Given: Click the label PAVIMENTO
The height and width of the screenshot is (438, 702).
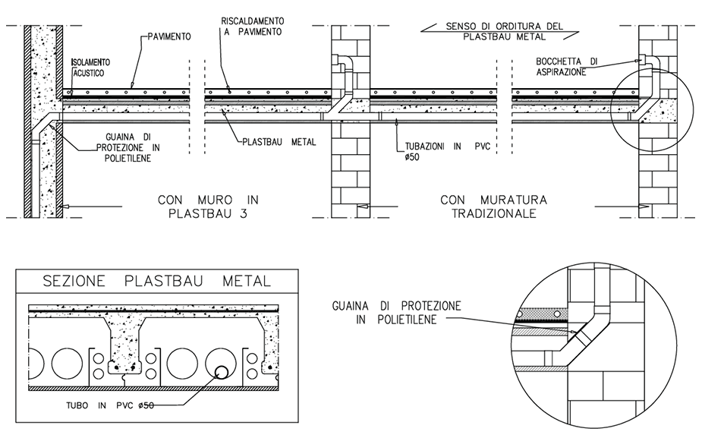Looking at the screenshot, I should [169, 36].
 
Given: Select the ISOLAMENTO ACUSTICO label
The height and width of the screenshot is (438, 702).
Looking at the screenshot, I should [91, 66].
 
